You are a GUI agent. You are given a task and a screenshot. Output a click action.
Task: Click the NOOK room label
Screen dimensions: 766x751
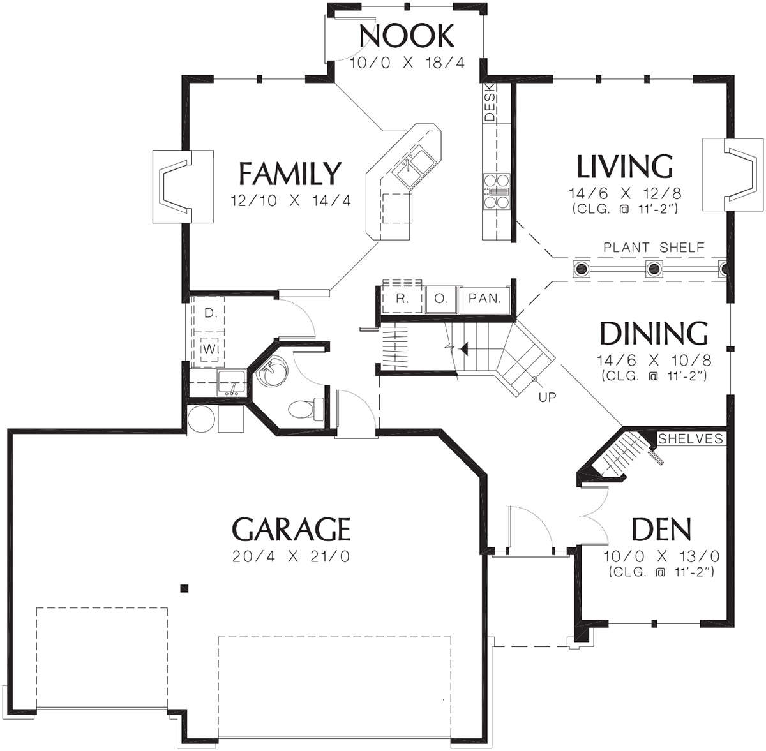click(406, 36)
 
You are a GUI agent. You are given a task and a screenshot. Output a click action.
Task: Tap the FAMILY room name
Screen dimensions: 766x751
click(290, 174)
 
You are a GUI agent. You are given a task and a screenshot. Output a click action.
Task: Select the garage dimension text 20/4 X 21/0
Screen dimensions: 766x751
click(291, 556)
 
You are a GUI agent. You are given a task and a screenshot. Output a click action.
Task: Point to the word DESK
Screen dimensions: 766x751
click(490, 102)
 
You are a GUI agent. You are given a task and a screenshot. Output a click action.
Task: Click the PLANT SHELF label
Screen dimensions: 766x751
click(654, 248)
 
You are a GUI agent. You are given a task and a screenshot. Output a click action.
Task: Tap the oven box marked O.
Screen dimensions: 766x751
click(441, 299)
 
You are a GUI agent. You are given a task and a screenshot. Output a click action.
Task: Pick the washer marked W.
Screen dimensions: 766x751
click(209, 349)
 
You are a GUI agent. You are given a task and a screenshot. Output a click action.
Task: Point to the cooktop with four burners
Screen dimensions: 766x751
click(497, 191)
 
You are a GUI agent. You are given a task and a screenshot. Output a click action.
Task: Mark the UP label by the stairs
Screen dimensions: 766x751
click(547, 396)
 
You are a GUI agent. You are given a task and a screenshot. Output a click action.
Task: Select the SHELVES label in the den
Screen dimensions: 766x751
click(691, 439)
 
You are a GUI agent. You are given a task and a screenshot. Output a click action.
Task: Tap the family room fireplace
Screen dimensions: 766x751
click(183, 186)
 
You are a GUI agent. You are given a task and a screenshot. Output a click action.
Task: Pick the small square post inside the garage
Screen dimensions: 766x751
click(184, 588)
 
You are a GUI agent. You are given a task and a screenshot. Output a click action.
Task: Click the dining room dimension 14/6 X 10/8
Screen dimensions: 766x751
click(654, 361)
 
